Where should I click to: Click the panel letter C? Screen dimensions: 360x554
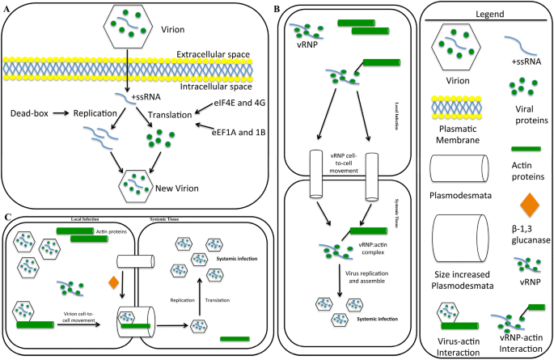6,216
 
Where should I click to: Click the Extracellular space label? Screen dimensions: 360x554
212,54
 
